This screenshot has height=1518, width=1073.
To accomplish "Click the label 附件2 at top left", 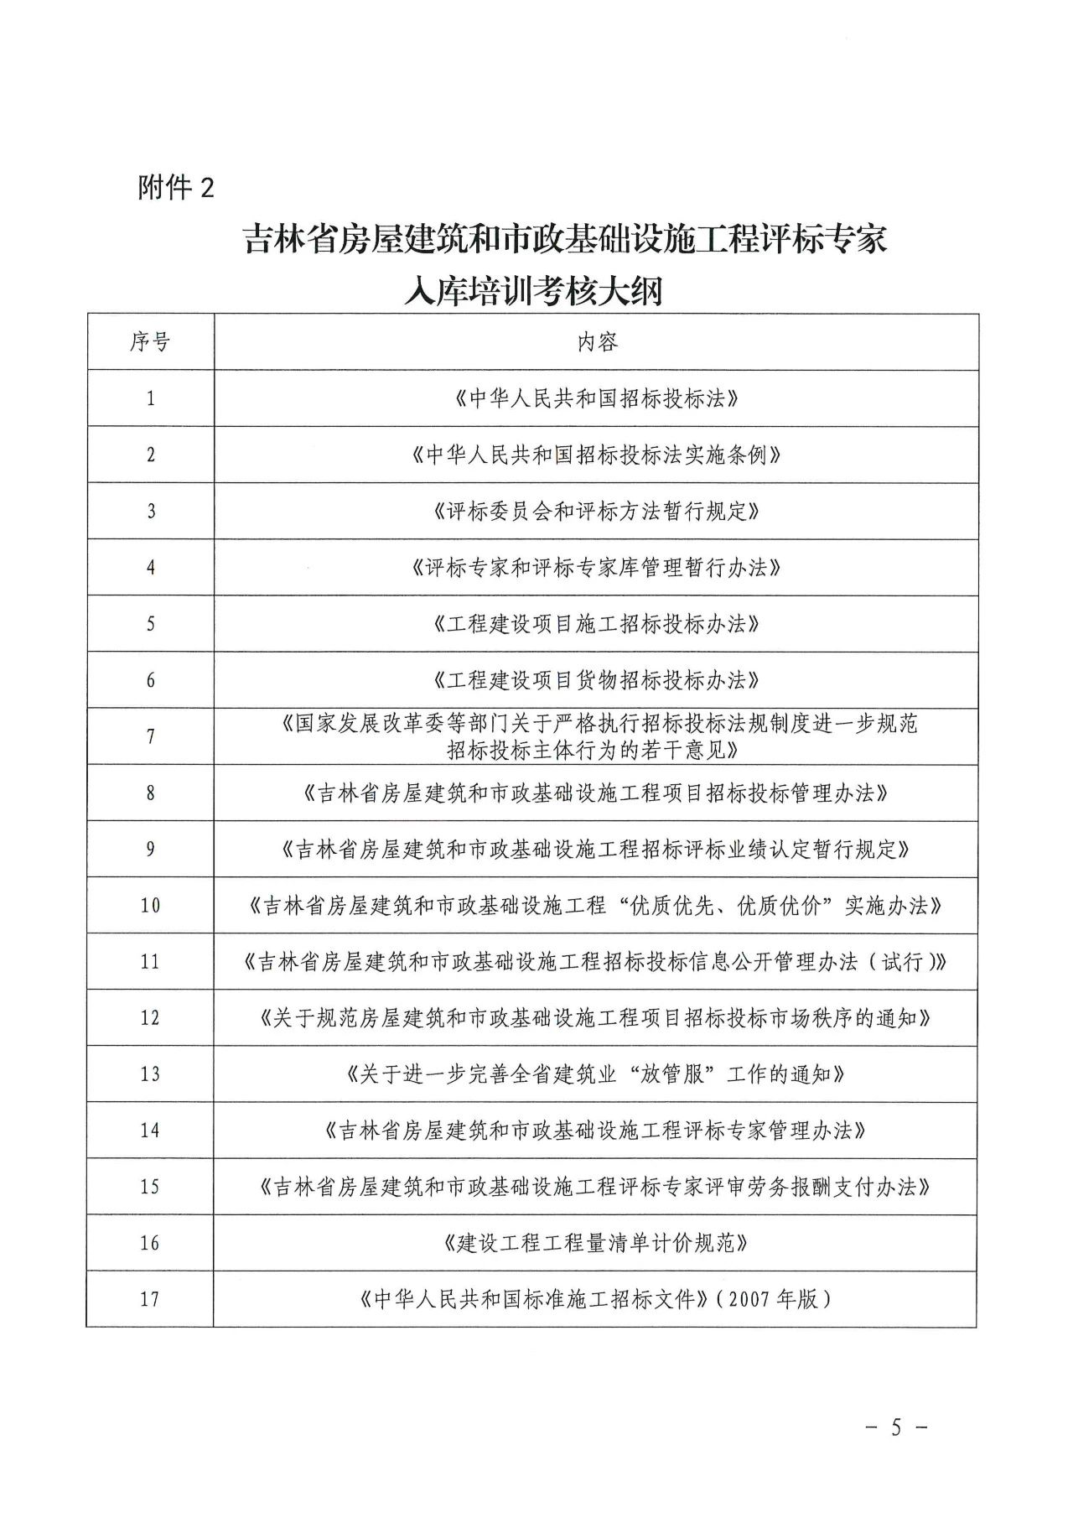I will point(176,187).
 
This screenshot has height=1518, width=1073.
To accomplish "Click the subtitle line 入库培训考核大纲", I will point(532,291).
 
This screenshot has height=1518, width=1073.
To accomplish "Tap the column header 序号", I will point(150,341).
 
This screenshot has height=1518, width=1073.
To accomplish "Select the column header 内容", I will point(597,341).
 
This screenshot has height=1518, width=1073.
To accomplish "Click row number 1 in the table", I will point(151,398).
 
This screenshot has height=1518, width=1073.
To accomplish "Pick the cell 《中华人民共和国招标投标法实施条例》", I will point(597,455).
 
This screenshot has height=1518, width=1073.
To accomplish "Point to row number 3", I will point(151,511).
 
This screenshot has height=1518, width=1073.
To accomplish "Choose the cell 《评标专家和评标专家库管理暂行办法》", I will point(597,568).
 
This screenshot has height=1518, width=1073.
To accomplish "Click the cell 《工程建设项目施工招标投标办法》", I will point(597,624).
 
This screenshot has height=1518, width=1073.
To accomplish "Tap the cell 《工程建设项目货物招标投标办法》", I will point(597,680).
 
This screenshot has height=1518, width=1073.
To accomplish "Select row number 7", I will point(151,736).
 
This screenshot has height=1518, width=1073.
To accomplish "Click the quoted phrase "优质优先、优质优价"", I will point(724,906).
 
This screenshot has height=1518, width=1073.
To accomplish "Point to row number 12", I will point(150,1018).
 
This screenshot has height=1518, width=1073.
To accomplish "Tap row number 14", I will point(150,1131).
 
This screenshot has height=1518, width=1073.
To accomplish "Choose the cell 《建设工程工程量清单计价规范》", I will point(597,1243).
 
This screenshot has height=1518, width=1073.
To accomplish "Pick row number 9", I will point(151,849).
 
